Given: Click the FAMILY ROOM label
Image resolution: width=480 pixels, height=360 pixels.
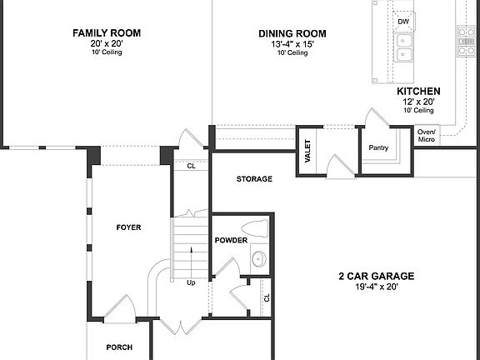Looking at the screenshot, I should click(106, 33).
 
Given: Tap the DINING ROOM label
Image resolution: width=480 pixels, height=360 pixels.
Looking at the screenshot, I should click(292, 33).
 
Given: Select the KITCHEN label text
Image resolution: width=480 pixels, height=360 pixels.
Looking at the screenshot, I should click(418, 91).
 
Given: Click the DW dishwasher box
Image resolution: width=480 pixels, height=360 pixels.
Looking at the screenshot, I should click(403, 22).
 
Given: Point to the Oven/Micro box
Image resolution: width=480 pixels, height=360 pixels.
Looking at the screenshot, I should click(426, 134).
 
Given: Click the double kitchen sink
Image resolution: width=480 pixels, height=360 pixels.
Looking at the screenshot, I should click(404, 47).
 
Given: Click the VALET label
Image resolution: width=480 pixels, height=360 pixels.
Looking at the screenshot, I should click(307, 152).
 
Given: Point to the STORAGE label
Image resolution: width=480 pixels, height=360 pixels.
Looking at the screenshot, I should click(254, 179).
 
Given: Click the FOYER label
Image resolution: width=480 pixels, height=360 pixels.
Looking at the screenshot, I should click(128, 227).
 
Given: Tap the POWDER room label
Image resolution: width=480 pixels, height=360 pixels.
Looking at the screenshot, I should click(231, 240).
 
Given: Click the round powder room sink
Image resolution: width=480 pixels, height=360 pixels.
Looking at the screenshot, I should click(257, 259).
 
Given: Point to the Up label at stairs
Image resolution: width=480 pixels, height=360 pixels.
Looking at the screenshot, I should click(191, 282).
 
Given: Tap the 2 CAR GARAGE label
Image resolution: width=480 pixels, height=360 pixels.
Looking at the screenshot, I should click(376, 276).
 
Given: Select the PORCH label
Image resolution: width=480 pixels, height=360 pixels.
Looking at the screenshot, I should click(119, 347).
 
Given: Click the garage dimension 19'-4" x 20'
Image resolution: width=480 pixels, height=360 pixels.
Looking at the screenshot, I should click(376, 287).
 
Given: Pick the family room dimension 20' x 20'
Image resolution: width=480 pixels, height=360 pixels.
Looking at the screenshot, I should click(106, 43).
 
